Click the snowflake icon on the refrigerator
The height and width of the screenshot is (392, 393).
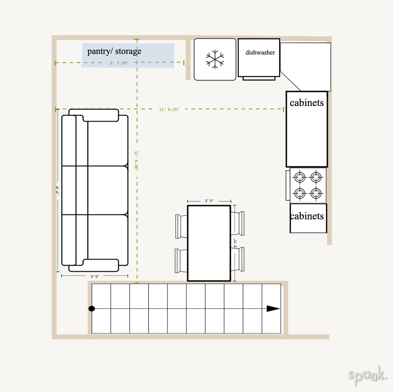pyautogui.click(x=215, y=59)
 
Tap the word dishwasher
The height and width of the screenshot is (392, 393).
pyautogui.click(x=260, y=52)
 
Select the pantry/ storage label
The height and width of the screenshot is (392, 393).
pyautogui.click(x=114, y=51)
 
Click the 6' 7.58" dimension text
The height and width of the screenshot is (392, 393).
pyautogui.click(x=119, y=63)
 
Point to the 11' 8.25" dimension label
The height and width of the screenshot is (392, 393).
pyautogui.click(x=169, y=110)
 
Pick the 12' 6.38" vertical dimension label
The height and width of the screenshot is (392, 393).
pyautogui.click(x=136, y=161)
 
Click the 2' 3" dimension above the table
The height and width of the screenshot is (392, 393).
pyautogui.click(x=209, y=201)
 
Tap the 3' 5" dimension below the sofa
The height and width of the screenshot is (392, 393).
pyautogui.click(x=95, y=277)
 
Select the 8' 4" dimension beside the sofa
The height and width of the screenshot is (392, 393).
pyautogui.click(x=57, y=191)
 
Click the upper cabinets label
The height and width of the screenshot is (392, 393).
pyautogui.click(x=307, y=103)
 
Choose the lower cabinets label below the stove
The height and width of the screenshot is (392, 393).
pyautogui.click(x=307, y=216)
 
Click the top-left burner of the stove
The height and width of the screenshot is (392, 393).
pyautogui.click(x=299, y=178)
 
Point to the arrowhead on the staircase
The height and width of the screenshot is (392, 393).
pyautogui.click(x=273, y=309)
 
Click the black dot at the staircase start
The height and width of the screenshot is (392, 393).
pyautogui.click(x=92, y=309)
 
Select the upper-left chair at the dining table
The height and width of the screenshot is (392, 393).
pyautogui.click(x=181, y=226)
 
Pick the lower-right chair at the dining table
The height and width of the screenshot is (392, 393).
pyautogui.click(x=237, y=259)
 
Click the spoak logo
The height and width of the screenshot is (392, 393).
pyautogui.click(x=367, y=375)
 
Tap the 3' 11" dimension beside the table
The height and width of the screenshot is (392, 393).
pyautogui.click(x=235, y=243)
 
